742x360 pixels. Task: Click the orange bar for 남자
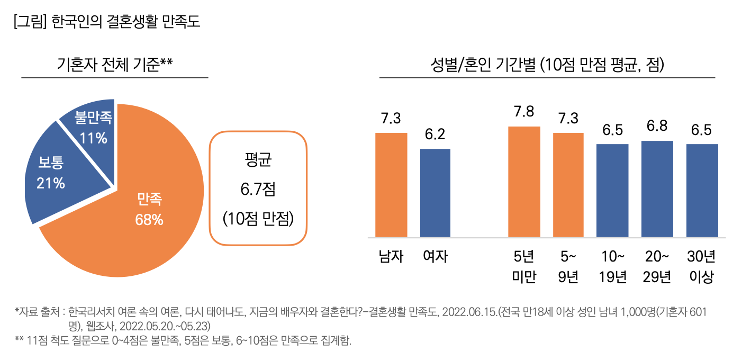[391, 185]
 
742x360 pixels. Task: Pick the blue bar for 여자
[435, 193]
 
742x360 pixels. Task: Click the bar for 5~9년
[568, 185]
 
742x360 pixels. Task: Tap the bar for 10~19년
[612, 191]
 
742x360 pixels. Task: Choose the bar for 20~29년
[657, 189]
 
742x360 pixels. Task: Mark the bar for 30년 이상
[702, 191]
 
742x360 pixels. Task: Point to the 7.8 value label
[524, 112]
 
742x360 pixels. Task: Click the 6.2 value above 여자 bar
[436, 134]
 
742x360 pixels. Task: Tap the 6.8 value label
[657, 126]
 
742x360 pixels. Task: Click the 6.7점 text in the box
[258, 189]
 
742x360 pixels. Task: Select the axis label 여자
[436, 257]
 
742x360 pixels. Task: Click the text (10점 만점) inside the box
[258, 218]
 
